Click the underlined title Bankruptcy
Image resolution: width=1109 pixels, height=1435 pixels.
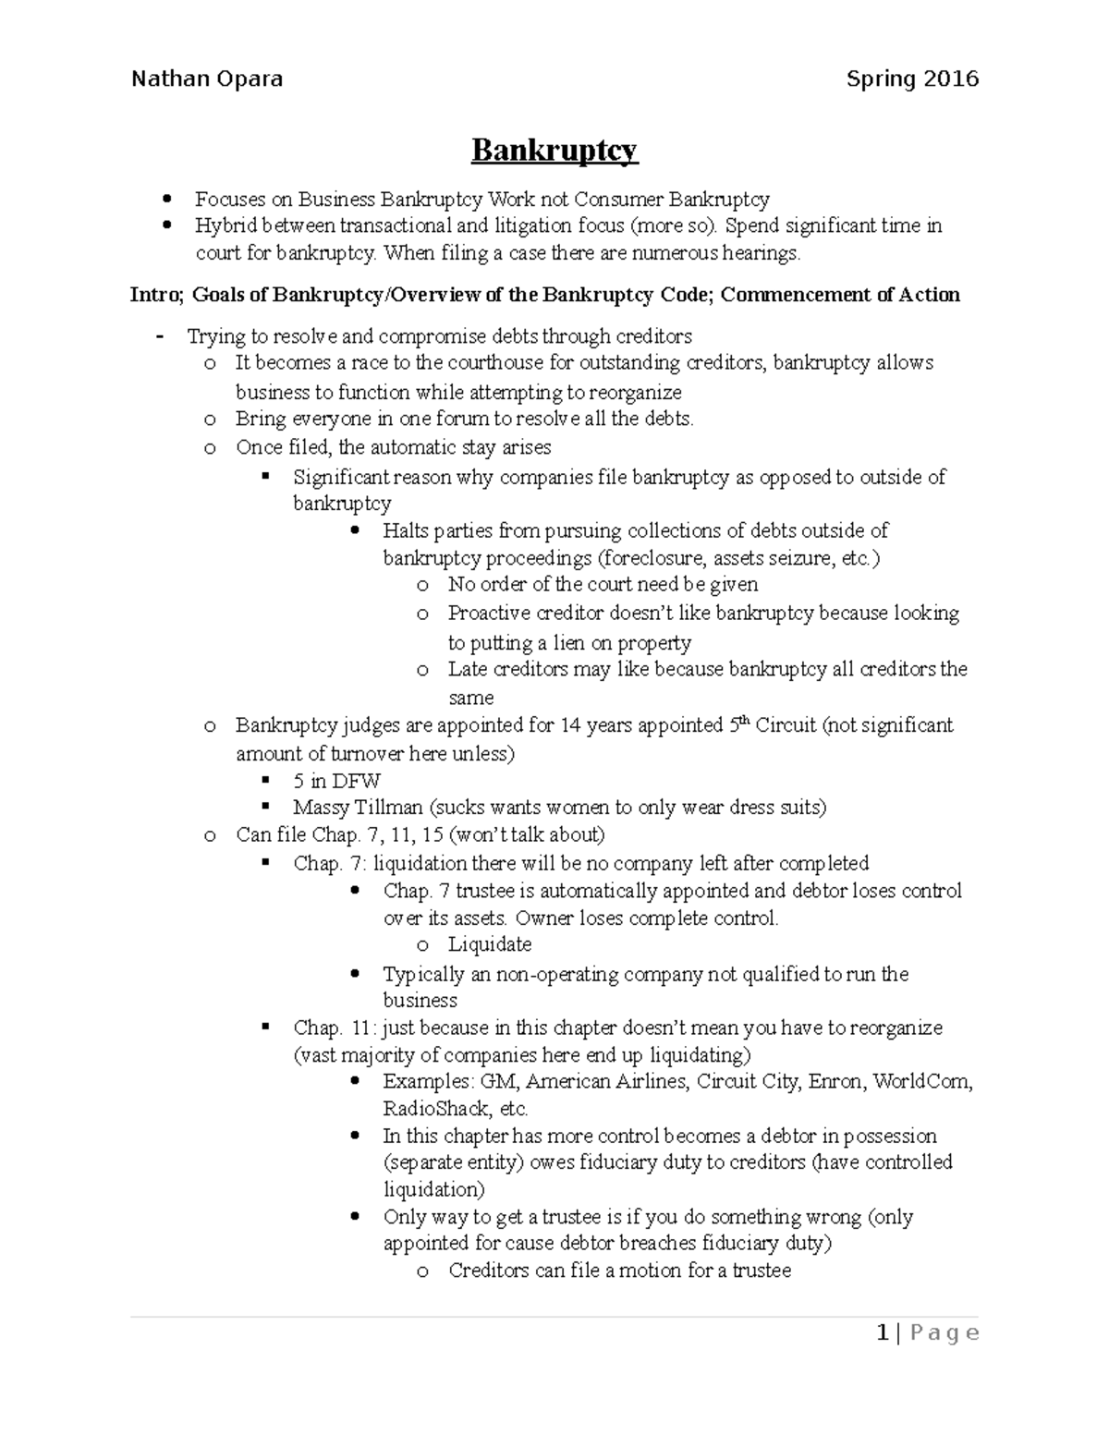point(554,150)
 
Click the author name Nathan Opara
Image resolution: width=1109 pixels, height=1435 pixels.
point(207,79)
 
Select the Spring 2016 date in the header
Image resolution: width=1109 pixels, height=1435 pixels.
point(912,79)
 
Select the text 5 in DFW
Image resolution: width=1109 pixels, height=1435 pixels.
point(336,781)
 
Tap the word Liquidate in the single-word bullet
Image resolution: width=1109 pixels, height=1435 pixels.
point(490,944)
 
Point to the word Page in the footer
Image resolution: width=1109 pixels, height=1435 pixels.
point(944,1332)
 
